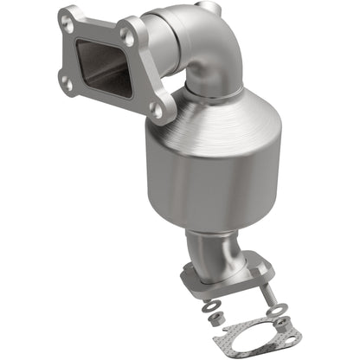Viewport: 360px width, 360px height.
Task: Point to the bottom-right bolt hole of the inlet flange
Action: point(157,109)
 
